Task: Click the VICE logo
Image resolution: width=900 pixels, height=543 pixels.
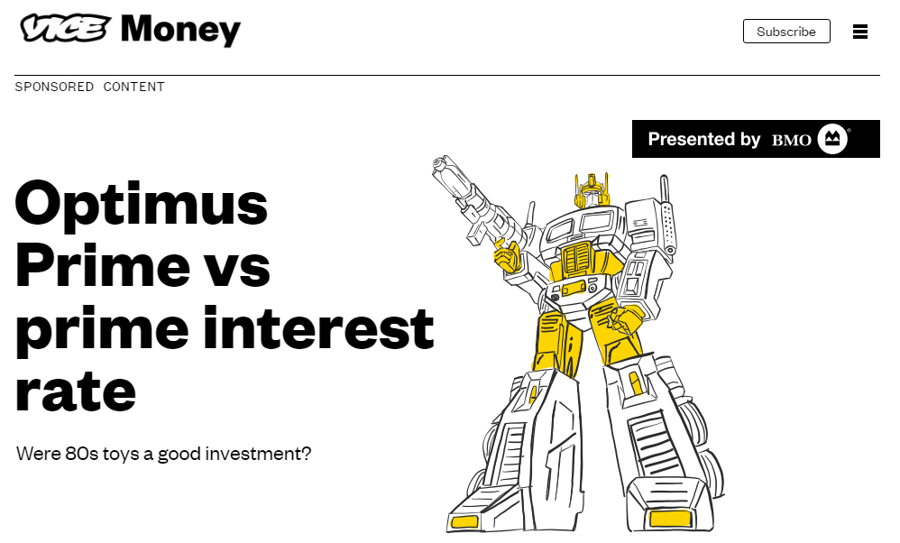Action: coord(65,28)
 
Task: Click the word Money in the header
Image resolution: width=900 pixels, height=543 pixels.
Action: coord(180,30)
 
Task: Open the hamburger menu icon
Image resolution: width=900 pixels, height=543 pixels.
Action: coord(859,32)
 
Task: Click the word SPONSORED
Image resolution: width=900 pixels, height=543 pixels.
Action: coord(54,87)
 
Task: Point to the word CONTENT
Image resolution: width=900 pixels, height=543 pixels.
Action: coord(133,87)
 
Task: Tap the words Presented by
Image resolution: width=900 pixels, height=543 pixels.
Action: coord(703,139)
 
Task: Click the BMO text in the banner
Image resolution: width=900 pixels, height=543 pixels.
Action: coord(791,140)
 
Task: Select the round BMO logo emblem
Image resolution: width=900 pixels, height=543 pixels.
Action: coord(832,139)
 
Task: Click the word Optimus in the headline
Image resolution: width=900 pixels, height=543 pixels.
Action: coord(142,205)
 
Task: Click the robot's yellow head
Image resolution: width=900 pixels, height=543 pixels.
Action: coord(591,190)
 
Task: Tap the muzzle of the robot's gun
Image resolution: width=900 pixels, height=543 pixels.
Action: coord(441,163)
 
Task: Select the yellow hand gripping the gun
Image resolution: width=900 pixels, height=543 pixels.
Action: coord(509,255)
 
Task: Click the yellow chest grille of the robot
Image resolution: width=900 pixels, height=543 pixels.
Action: coord(577,258)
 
